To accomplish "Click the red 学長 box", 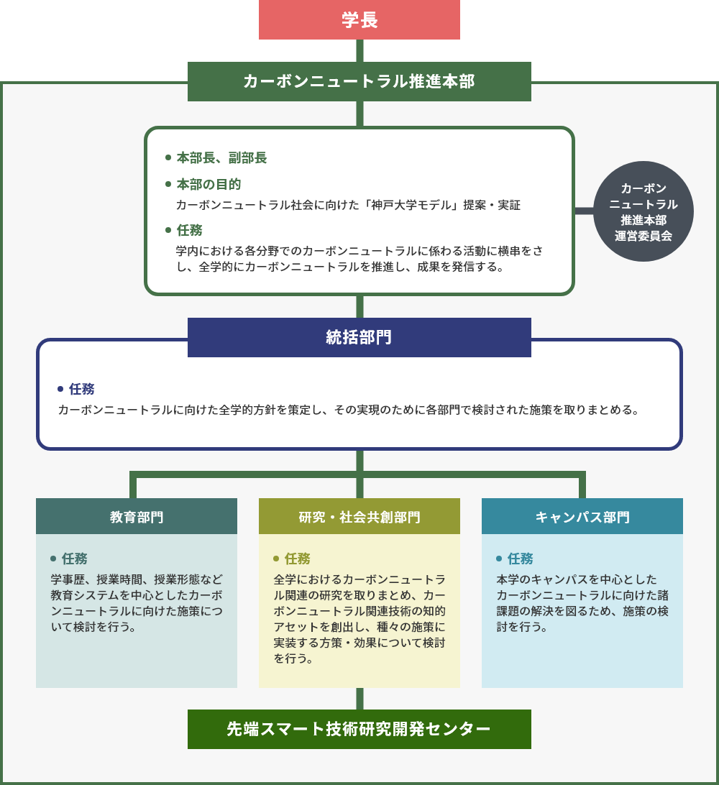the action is (x=359, y=19).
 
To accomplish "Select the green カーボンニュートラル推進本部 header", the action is (x=359, y=82).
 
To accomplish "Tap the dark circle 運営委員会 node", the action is (x=644, y=211).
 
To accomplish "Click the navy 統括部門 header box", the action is (x=359, y=337).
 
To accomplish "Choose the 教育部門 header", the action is (x=137, y=516).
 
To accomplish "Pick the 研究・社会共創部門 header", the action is (x=359, y=516).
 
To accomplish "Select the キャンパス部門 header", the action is (x=582, y=516).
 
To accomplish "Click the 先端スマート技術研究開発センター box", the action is (x=359, y=729).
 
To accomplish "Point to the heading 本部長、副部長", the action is (x=221, y=157).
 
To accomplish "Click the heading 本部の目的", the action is (x=209, y=184).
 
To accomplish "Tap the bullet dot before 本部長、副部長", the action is (x=168, y=157).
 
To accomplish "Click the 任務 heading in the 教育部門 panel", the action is (x=75, y=559).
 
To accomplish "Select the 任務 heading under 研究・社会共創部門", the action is (x=298, y=559).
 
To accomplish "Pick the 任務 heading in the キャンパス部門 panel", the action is (x=521, y=559).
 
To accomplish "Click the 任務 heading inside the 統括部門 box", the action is (x=82, y=389).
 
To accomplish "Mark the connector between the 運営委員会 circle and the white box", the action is (x=584, y=211).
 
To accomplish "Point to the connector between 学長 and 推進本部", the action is (x=359, y=50).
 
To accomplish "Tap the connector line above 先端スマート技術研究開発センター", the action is (x=359, y=699).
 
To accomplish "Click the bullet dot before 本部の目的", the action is (x=168, y=184).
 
